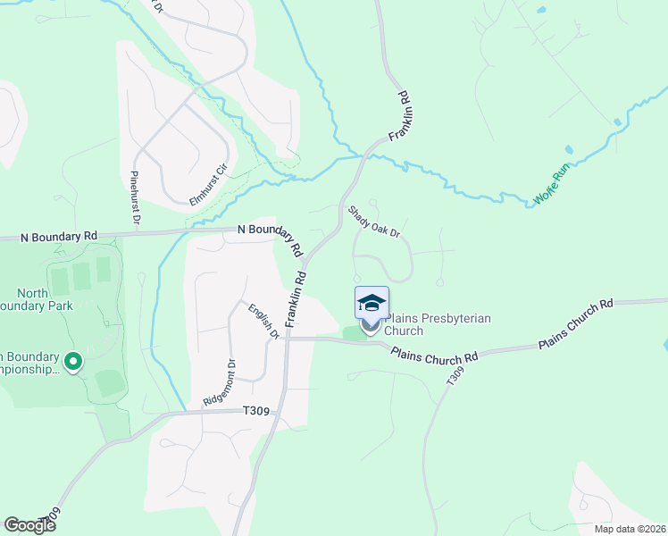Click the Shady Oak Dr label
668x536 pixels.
(373, 221)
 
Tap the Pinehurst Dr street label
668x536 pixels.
(136, 196)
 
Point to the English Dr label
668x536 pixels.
(265, 320)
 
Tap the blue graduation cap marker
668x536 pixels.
(372, 304)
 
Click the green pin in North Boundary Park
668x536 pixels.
(73, 362)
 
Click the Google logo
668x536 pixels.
(30, 525)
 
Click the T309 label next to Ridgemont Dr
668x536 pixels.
(256, 411)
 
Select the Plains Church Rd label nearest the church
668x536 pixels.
(434, 349)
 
